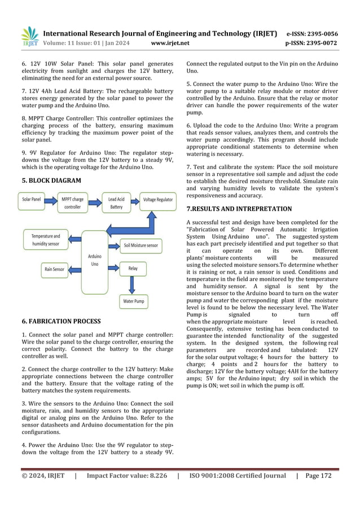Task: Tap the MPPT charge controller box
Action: pos(73,203)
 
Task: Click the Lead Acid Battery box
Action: pos(116,203)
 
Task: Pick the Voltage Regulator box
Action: pos(158,200)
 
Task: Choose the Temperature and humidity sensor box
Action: pos(45,240)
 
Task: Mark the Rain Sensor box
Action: pos(55,270)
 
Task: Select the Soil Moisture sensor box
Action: pos(141,245)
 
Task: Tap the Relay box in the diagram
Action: pos(133,269)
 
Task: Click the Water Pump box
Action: pos(134,302)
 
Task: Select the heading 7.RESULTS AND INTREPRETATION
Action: pos(247,208)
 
